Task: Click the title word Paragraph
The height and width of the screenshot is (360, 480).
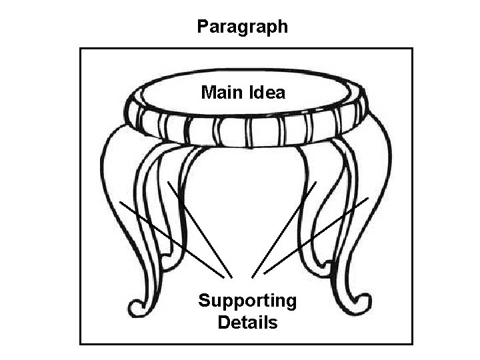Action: coord(243,27)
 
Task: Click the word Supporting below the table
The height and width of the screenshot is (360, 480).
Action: coord(247,301)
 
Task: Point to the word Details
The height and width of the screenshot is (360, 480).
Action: coord(247,323)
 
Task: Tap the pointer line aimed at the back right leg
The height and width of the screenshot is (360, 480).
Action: coord(285,227)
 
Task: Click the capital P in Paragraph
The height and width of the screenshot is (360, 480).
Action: coord(203,27)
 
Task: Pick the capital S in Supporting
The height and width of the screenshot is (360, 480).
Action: coord(204,301)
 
